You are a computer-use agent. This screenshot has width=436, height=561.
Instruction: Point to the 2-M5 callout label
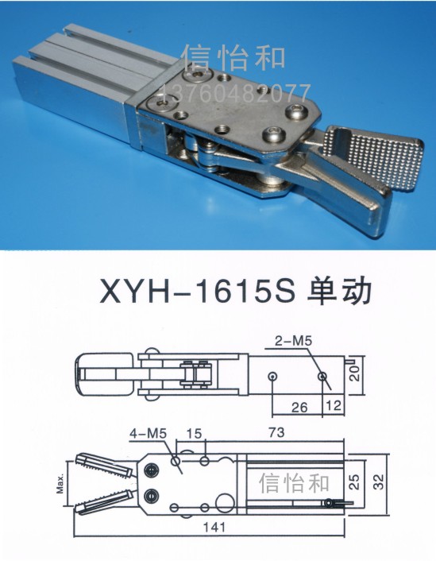point(293,341)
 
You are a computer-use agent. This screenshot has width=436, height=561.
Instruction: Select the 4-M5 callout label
point(148,434)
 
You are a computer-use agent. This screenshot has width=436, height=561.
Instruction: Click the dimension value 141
point(214,527)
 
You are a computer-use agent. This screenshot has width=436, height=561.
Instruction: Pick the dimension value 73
point(276,432)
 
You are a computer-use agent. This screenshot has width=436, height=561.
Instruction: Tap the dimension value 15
point(195,434)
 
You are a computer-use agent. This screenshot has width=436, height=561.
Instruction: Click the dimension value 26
point(299,407)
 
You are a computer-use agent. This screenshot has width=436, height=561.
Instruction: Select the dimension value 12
point(333,405)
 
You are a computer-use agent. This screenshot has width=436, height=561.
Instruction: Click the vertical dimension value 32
point(378,482)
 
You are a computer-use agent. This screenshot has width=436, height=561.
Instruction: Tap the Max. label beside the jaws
point(60,484)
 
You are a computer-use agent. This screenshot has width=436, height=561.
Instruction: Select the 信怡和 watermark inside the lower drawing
point(294,482)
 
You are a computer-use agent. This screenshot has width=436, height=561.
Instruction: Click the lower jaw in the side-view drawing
point(105,503)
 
